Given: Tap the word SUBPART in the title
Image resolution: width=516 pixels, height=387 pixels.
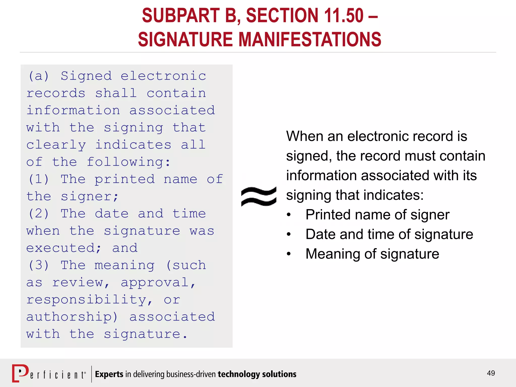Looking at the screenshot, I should (181, 16).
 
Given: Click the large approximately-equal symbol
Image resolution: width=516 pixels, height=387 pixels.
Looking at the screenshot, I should (259, 197).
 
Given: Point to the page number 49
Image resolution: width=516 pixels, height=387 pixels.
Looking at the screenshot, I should (491, 373).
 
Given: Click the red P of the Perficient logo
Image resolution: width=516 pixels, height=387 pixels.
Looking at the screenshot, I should (20, 373).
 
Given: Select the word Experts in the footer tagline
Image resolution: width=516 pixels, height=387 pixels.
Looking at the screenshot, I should (109, 374).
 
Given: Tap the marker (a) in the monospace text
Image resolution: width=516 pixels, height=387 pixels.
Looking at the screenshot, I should (39, 76).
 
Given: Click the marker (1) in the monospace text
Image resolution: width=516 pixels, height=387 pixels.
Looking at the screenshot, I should (39, 179).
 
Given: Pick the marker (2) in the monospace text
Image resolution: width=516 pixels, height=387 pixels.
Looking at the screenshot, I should (39, 214).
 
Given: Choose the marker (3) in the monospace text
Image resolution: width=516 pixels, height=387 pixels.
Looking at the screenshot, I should (39, 265).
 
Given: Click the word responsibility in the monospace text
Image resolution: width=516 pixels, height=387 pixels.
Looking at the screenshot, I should (89, 300).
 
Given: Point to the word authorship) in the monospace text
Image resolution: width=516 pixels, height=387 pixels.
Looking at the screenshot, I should (72, 317).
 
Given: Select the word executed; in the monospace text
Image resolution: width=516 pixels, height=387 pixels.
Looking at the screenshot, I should (64, 248).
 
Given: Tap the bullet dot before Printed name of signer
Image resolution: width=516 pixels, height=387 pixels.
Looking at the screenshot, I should (289, 215).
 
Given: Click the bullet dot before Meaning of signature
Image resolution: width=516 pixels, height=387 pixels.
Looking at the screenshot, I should (289, 254).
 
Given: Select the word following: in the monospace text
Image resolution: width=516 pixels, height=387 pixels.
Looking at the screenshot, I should (129, 162).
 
